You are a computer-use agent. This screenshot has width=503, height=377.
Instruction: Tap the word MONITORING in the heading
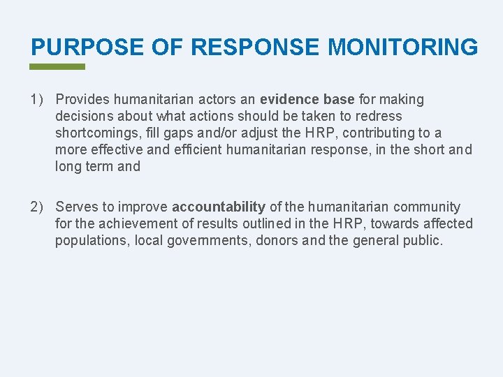(x=403, y=47)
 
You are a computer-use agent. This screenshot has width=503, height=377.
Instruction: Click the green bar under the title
(x=57, y=67)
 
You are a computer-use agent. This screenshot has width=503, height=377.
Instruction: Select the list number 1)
(x=38, y=100)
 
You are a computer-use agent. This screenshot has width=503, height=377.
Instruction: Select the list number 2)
(x=38, y=207)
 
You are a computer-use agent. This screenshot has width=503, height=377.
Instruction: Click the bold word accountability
(x=219, y=207)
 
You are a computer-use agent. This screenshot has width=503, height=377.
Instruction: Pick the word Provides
(x=84, y=100)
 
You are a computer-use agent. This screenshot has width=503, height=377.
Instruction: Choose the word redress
(x=379, y=117)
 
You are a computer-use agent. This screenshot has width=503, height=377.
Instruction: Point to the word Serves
(x=77, y=207)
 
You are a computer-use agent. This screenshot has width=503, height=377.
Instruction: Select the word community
(x=427, y=207)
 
